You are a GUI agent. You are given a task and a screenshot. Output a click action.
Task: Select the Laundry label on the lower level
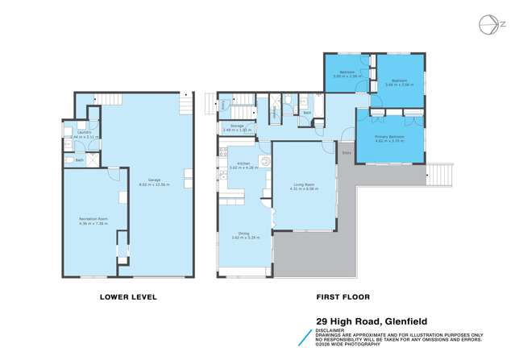[x=85, y=132]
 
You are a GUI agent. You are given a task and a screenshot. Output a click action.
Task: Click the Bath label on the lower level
[x=79, y=160]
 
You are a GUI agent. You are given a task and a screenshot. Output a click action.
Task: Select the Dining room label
[x=242, y=233]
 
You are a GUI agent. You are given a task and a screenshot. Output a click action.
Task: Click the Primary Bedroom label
[x=389, y=137]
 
